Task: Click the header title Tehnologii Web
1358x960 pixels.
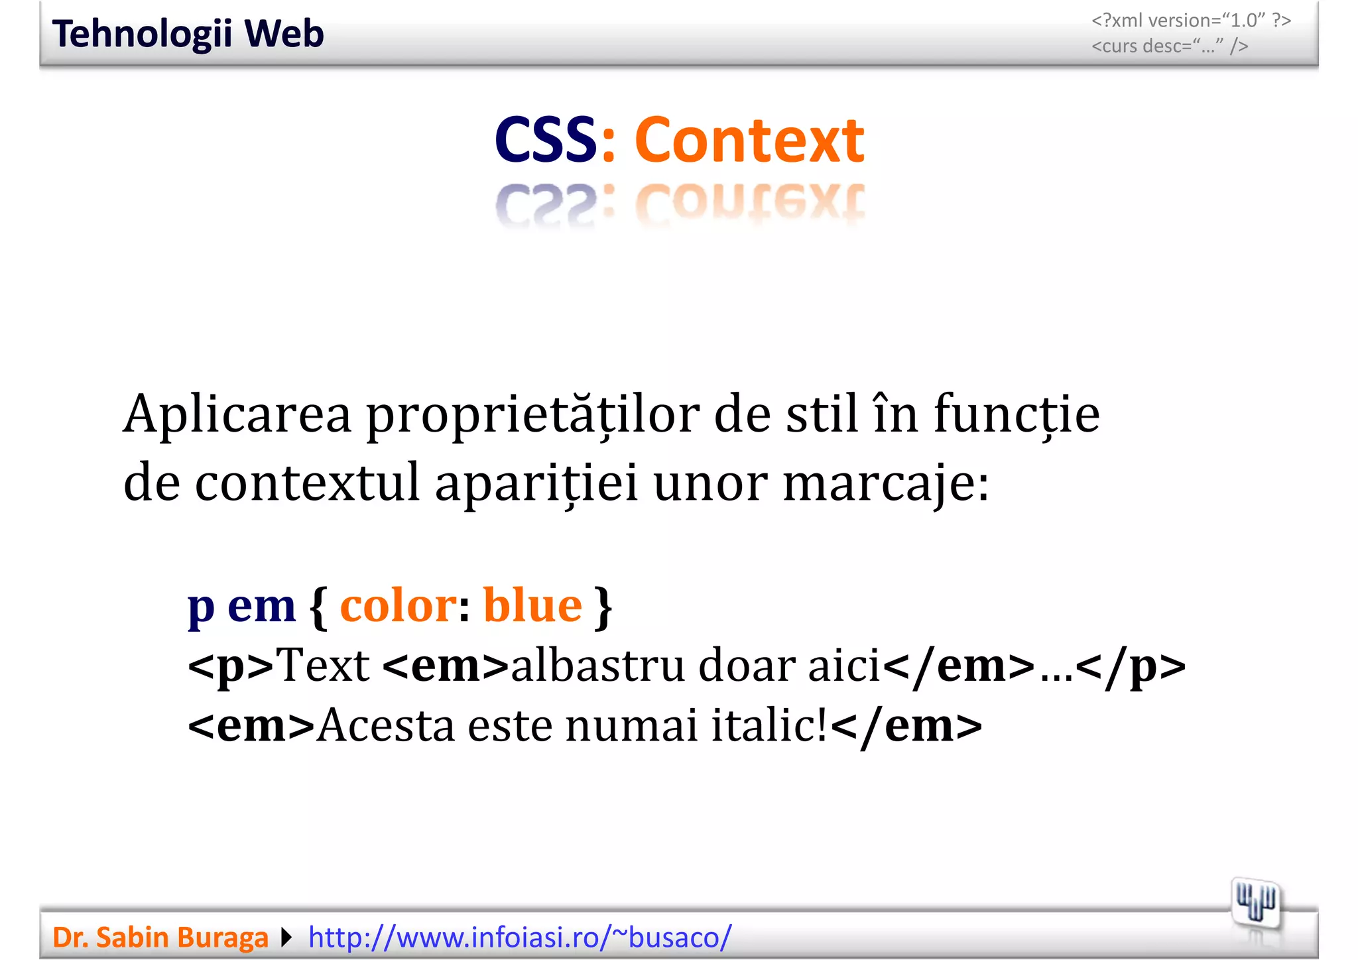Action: pos(188,34)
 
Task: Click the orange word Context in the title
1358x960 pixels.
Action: pos(749,140)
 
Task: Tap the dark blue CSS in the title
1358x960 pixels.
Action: pos(546,140)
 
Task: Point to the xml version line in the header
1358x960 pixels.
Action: pos(1191,21)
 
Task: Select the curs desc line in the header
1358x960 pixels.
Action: pos(1170,46)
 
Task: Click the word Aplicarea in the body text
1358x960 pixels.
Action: pos(237,414)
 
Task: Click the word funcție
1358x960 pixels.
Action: pos(1017,414)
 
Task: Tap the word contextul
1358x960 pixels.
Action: pos(307,483)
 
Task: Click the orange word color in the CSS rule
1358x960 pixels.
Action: pos(398,605)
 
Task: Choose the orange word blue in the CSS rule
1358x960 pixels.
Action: pos(532,605)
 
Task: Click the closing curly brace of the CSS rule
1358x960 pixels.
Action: pos(603,607)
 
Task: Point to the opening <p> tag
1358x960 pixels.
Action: pos(231,666)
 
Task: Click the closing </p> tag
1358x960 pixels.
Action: pos(1131,666)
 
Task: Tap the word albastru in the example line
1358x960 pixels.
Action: pos(597,666)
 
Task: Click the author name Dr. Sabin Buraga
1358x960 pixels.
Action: pos(160,937)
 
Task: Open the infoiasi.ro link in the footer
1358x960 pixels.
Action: pos(520,937)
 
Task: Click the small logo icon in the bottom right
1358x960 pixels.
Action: pos(1255,904)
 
